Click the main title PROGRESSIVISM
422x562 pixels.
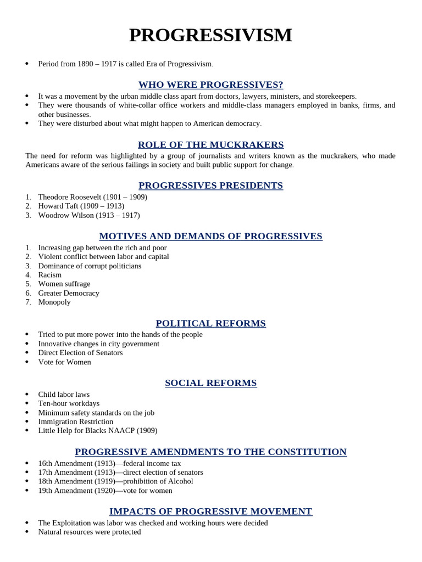(210, 35)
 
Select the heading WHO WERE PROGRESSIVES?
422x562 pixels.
(210, 85)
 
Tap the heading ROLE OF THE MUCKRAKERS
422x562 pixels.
(210, 145)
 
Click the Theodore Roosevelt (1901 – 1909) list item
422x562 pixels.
(92, 197)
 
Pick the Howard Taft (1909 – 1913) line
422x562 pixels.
(81, 206)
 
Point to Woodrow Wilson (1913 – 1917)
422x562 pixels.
(88, 215)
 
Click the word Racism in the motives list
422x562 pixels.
(50, 275)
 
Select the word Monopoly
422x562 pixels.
(54, 302)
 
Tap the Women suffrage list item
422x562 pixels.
(64, 284)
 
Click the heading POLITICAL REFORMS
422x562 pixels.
(210, 324)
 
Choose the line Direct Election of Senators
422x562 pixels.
(80, 353)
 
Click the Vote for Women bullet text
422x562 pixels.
(64, 362)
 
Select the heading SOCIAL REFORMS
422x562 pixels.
(210, 383)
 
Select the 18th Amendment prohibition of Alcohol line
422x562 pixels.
(115, 481)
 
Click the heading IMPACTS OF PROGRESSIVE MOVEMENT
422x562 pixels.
(210, 512)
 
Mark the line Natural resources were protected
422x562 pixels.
(89, 532)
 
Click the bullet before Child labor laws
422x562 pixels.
(27, 395)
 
